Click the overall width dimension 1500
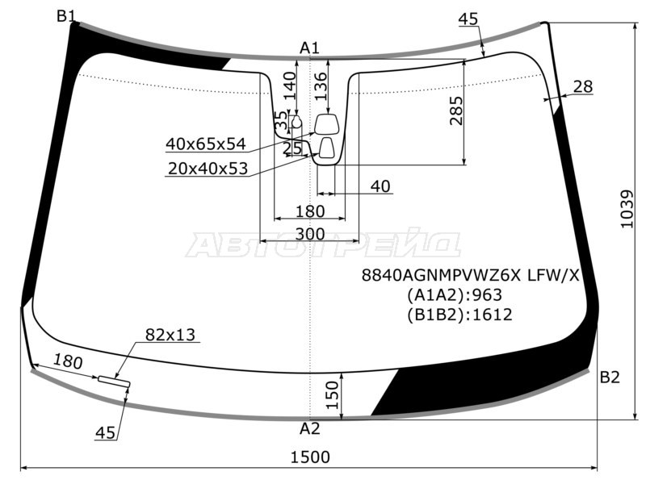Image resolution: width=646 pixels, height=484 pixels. pos(310,457)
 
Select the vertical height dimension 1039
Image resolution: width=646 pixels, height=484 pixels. pos(627,209)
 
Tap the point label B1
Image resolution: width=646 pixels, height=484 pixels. pos(66,16)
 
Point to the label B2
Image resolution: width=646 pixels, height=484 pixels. pos(610,377)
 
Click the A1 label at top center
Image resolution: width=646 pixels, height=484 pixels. pos(309,48)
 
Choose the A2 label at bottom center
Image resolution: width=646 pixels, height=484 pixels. pos(310,429)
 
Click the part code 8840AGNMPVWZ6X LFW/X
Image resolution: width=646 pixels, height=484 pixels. pos(471,275)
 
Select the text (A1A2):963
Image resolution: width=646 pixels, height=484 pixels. pos(455,295)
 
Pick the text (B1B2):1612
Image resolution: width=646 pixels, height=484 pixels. pos(459,315)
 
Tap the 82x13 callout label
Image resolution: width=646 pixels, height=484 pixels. pos(170,335)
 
